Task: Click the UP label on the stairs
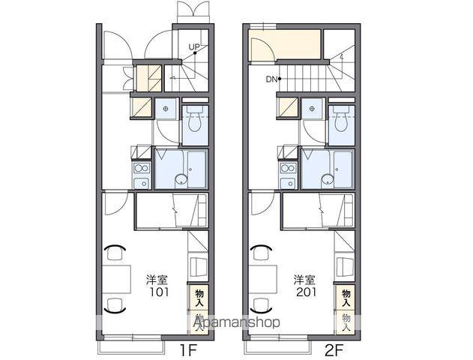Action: [x=194, y=47]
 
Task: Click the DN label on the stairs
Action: [x=271, y=79]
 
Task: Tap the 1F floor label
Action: [x=189, y=351]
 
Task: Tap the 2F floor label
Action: [x=334, y=351]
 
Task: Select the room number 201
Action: [x=306, y=292]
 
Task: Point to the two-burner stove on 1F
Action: [x=142, y=168]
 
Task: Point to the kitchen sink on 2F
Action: [x=289, y=182]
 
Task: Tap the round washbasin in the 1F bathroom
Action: [x=181, y=179]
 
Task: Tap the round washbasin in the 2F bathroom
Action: [x=328, y=179]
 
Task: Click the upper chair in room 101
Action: [x=115, y=252]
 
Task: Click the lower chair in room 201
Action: [x=261, y=305]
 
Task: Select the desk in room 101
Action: [x=116, y=279]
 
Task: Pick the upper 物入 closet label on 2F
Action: [x=346, y=298]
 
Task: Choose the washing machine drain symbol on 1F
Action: [x=166, y=109]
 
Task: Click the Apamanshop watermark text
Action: [x=236, y=322]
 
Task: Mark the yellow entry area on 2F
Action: [x=284, y=44]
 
